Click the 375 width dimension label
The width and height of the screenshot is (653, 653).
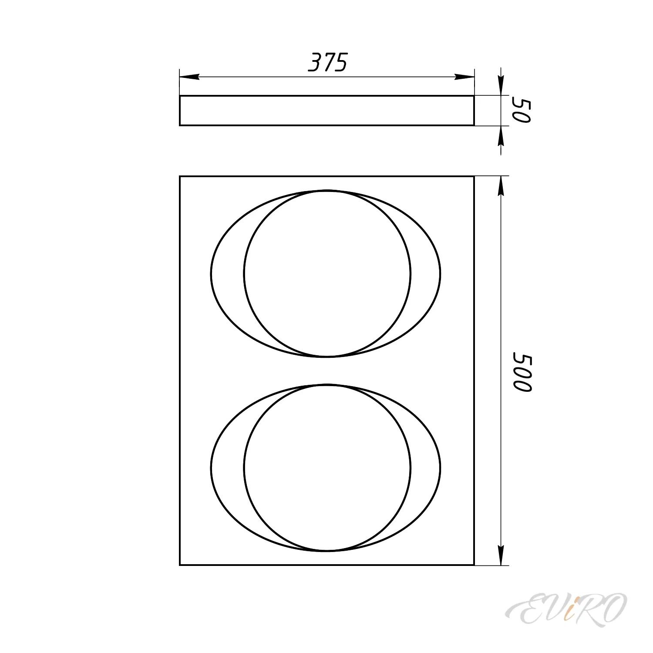(x=328, y=63)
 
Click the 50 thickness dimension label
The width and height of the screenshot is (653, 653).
(x=521, y=111)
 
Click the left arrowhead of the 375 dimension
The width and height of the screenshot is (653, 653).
(x=190, y=77)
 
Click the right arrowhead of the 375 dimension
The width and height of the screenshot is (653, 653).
(x=464, y=77)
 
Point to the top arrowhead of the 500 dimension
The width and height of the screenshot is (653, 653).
(x=501, y=187)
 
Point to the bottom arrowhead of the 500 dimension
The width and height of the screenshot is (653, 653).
(x=501, y=555)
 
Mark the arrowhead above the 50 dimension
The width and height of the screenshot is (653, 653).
(x=501, y=84)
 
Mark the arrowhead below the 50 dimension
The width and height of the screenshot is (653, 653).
(x=501, y=137)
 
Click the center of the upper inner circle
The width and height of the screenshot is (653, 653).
(x=327, y=273)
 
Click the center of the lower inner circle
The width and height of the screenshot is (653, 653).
(x=327, y=468)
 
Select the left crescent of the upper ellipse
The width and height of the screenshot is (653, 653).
(x=228, y=273)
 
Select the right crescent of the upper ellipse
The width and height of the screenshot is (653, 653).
(x=425, y=273)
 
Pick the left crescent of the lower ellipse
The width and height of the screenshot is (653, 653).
(x=228, y=468)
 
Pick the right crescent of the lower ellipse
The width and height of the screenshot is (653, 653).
(x=425, y=468)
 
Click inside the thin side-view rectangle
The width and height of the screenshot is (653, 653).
(x=326, y=111)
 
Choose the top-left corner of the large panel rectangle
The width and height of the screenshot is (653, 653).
(x=180, y=176)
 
